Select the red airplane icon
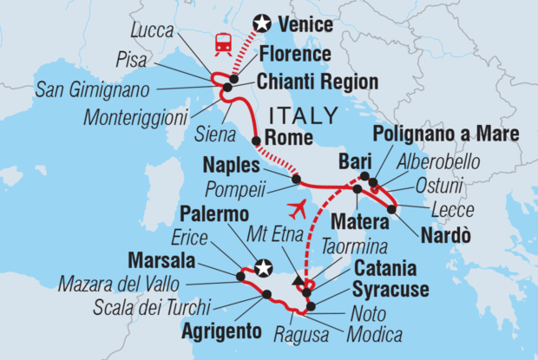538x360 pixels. pos(296,209)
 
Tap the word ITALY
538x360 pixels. pos(305,115)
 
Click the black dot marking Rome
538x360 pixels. pos(257,141)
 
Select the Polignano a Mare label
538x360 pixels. pos(444,134)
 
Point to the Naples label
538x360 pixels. pos(229,164)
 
